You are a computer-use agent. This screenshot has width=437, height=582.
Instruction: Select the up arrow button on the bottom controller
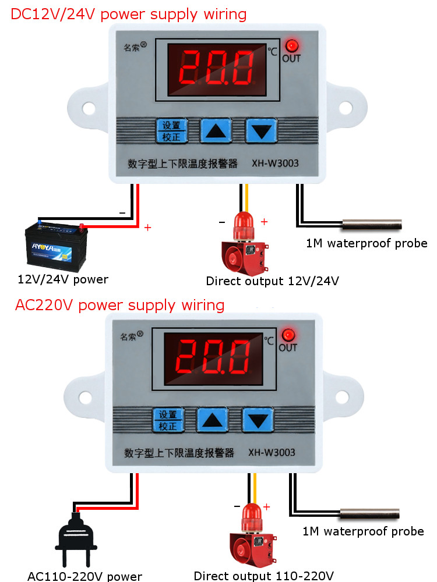pos(212,419)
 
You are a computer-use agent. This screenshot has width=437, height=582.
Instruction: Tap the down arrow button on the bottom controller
pos(257,419)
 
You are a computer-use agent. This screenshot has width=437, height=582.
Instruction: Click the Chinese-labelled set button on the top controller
pos(171,131)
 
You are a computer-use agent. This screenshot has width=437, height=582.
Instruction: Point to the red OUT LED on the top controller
pos(291,46)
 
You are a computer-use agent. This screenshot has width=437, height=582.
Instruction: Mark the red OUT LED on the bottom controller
pos(287,335)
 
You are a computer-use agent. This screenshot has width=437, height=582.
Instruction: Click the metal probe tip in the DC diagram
pos(372,223)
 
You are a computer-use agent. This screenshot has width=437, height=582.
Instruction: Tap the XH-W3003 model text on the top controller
pos(275,164)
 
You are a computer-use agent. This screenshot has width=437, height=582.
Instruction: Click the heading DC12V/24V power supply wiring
pos(129,14)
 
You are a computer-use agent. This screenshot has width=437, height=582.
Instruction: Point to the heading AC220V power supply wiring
pos(119,305)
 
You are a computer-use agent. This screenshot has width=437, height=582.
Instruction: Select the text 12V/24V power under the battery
pos(63,279)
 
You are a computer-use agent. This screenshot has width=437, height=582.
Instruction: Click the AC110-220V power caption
pos(84,576)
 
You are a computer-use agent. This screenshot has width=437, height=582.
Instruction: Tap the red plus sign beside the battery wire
pos(147,228)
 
